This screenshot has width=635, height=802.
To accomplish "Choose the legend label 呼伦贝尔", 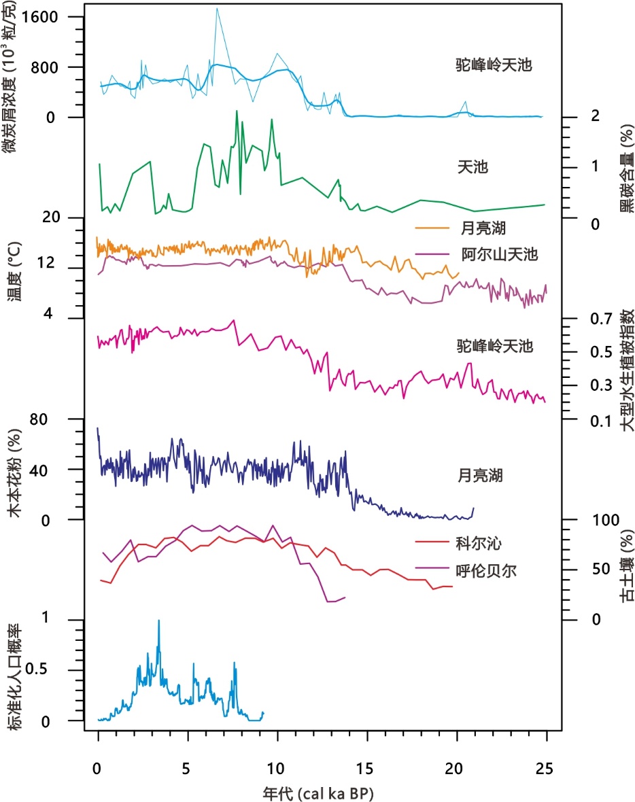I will [x=487, y=570].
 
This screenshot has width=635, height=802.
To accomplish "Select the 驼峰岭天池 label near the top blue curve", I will [x=493, y=65].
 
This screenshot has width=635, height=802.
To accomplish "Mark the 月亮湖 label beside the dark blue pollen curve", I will [x=480, y=475].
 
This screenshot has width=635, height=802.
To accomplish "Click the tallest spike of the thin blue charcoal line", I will [x=217, y=8].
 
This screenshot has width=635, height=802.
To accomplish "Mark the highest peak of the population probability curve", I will [x=159, y=620].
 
